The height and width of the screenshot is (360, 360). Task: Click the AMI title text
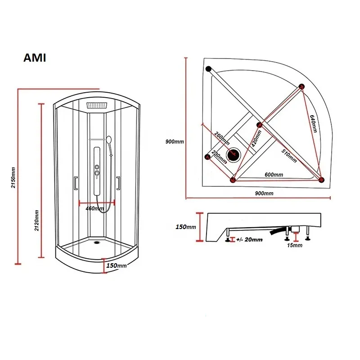tap(34, 58)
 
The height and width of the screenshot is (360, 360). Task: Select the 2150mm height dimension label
tap(13, 178)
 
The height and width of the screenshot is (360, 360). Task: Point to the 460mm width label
tap(95, 208)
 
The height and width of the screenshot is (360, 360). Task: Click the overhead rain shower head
tap(97, 106)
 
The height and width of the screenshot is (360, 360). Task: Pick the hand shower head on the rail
tap(108, 140)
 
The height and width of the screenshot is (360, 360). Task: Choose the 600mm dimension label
tap(274, 175)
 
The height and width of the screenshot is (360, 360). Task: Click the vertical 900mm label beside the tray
tap(175, 141)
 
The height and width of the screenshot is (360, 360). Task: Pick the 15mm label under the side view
tap(295, 246)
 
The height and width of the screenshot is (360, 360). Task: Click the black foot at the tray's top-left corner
tap(208, 69)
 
